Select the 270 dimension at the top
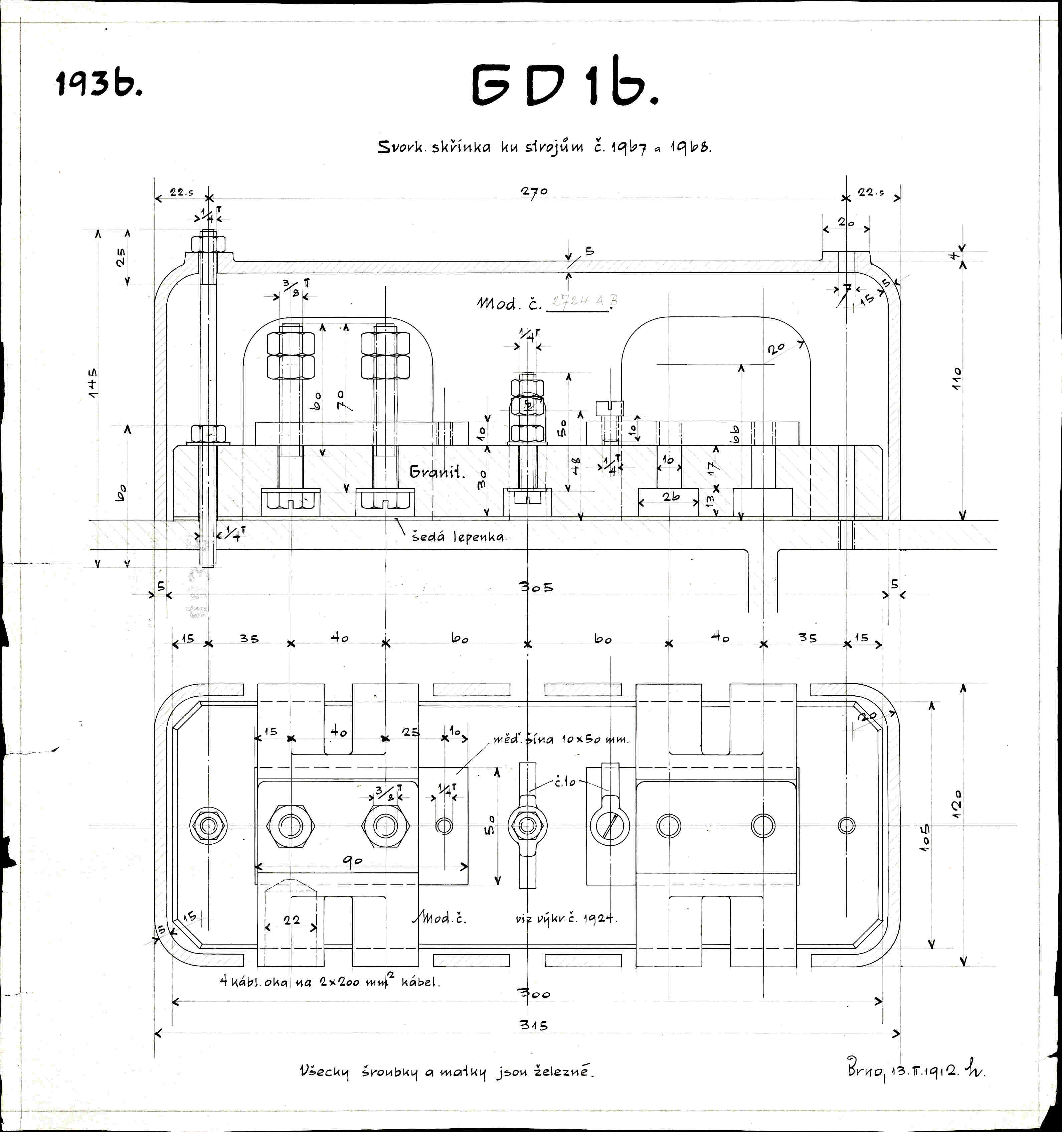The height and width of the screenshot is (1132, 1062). tap(534, 191)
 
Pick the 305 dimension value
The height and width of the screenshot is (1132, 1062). tap(536, 586)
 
